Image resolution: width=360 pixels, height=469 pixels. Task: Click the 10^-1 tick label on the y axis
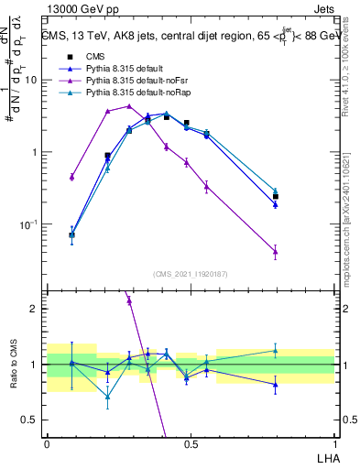tap(31, 224)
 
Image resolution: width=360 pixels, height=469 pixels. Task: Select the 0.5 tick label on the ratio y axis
tap(32, 420)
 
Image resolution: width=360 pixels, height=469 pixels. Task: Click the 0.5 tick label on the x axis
tap(191, 443)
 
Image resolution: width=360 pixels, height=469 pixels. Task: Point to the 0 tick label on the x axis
tap(47, 443)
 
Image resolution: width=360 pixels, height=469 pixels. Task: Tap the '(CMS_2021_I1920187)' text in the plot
tap(191, 273)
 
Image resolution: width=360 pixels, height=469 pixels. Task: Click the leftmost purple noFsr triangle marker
tap(71, 177)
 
